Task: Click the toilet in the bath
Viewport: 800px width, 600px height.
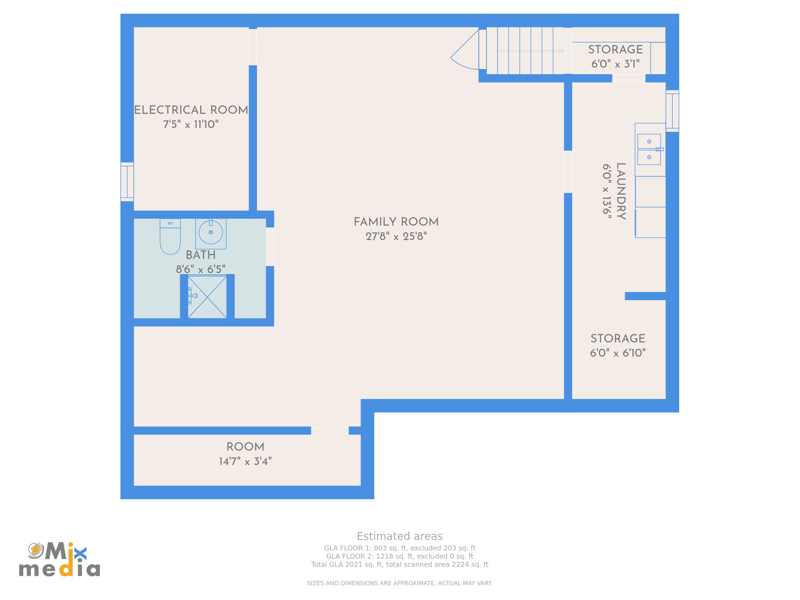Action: (x=170, y=237)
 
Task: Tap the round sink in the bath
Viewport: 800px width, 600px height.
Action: (x=211, y=232)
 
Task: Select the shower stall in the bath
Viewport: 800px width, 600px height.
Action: (x=207, y=297)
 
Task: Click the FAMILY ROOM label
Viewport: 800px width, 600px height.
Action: (x=396, y=222)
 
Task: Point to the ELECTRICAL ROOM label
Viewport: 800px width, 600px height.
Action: (x=191, y=110)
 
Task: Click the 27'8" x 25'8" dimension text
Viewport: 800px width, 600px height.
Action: (x=396, y=237)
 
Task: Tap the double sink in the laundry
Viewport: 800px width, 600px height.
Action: (x=649, y=150)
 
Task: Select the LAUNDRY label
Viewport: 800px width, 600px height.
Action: (x=621, y=191)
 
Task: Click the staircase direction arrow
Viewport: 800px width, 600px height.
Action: (x=530, y=51)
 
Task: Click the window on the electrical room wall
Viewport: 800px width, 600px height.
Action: (x=127, y=182)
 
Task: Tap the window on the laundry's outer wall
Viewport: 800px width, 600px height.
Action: (x=672, y=111)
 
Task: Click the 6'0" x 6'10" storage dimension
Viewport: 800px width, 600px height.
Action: (x=617, y=353)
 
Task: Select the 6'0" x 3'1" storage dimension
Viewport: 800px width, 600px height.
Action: (x=615, y=64)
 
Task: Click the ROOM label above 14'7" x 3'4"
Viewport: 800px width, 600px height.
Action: (x=245, y=447)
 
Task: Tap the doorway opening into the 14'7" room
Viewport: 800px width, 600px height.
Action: (x=330, y=430)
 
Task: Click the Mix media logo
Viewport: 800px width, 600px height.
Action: (x=59, y=559)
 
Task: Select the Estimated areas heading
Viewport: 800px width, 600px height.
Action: (x=400, y=536)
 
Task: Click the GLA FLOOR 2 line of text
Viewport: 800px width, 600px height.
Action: (x=400, y=556)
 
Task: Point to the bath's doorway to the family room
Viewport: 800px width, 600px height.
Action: (x=270, y=247)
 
